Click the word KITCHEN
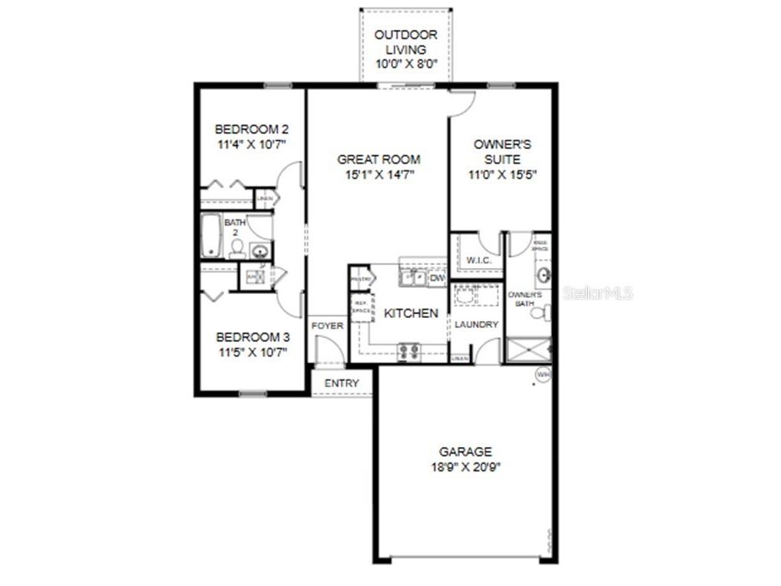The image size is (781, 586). click(x=411, y=313)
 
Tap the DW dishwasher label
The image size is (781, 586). click(x=437, y=279)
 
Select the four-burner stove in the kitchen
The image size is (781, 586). click(x=409, y=351)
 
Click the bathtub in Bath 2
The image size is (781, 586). click(x=211, y=236)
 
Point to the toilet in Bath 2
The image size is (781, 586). click(x=237, y=247)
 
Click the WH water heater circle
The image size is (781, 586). click(x=543, y=375)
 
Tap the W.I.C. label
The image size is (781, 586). click(x=478, y=260)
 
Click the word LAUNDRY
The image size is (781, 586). click(x=476, y=325)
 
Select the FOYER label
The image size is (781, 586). click(x=327, y=326)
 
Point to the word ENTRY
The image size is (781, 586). click(x=341, y=383)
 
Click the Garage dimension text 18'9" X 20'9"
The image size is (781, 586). click(x=465, y=466)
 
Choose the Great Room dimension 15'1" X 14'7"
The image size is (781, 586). click(x=379, y=174)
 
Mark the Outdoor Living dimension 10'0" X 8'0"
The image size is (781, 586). click(x=405, y=65)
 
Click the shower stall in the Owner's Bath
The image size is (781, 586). click(x=528, y=349)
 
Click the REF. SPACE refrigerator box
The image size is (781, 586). click(x=359, y=307)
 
